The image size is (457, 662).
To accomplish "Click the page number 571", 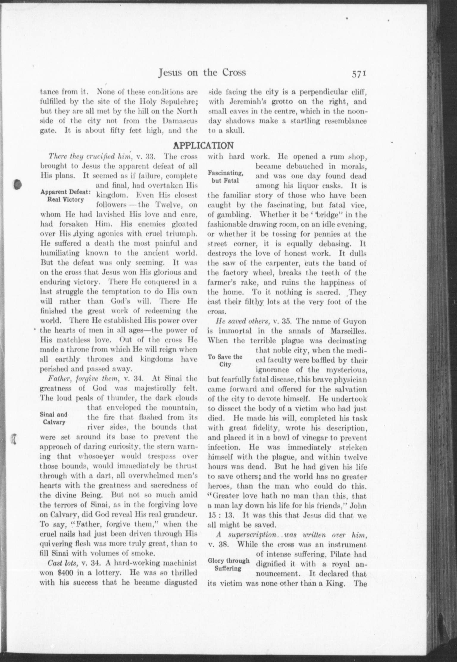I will (359, 73).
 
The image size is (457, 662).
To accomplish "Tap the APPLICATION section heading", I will (204, 145).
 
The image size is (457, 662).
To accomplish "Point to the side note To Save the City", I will (225, 360).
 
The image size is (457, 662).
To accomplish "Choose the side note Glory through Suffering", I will (228, 564).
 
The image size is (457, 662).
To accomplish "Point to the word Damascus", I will (181, 121).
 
